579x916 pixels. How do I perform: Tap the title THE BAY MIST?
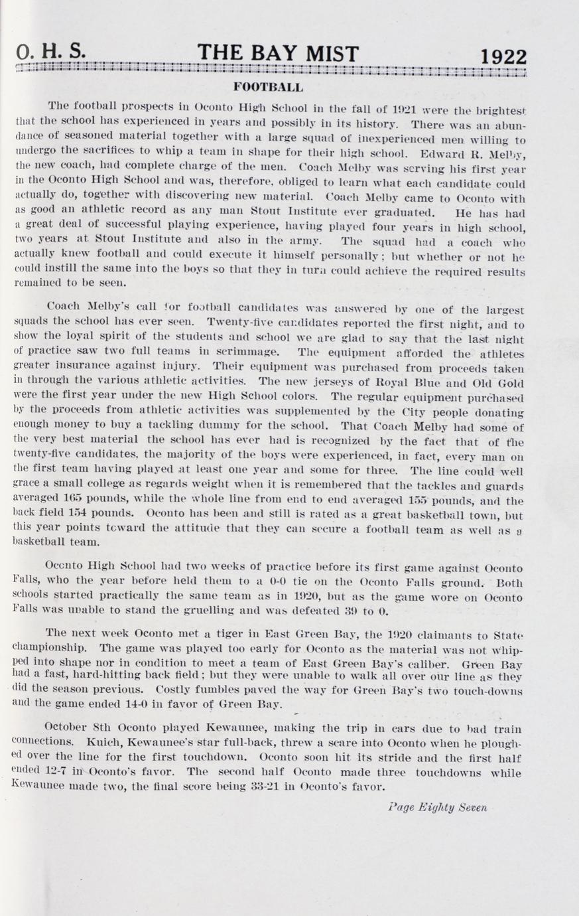(278, 53)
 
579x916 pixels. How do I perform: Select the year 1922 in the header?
(503, 56)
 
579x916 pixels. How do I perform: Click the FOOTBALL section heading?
(268, 87)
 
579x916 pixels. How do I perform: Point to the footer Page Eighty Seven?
(438, 808)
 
